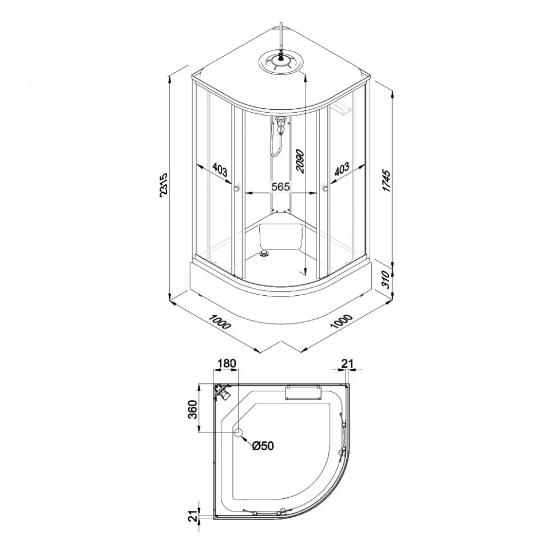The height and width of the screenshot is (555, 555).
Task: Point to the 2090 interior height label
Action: (300, 161)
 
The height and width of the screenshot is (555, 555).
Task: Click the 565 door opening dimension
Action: (280, 187)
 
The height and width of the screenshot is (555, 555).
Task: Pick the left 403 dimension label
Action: (220, 171)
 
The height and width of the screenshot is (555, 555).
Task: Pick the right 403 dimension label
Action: (342, 169)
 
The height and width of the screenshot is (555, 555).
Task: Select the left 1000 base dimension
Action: (220, 322)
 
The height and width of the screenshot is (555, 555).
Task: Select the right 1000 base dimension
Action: (342, 321)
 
